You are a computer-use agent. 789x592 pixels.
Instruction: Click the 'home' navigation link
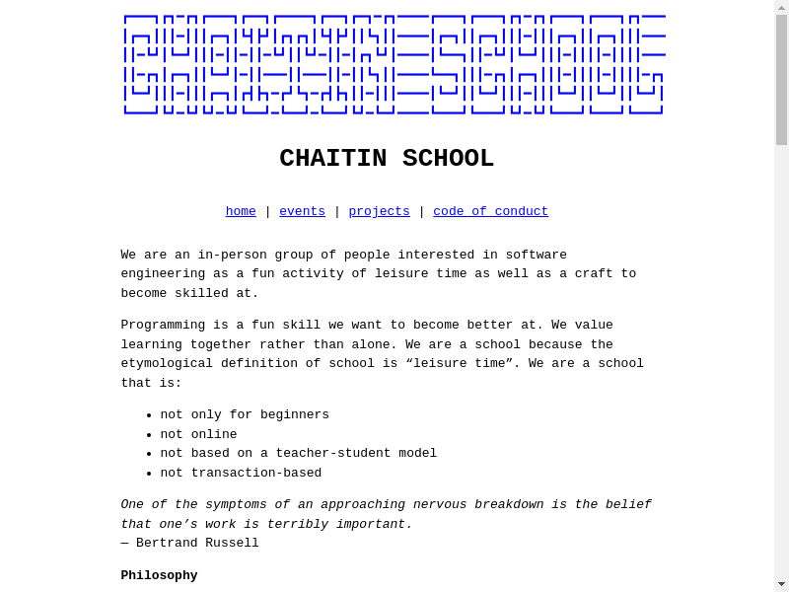pyautogui.click(x=241, y=211)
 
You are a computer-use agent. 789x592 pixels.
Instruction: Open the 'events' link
pyautogui.click(x=302, y=211)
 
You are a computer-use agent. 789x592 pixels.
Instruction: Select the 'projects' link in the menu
pyautogui.click(x=379, y=211)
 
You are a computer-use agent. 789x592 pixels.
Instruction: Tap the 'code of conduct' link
pyautogui.click(x=490, y=211)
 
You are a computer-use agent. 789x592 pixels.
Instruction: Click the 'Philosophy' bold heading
pyautogui.click(x=159, y=575)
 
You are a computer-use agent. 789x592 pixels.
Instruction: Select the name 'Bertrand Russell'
pyautogui.click(x=197, y=543)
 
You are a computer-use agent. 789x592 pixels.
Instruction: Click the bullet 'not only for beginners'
pyautogui.click(x=245, y=414)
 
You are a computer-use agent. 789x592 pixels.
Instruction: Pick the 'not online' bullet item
pyautogui.click(x=198, y=434)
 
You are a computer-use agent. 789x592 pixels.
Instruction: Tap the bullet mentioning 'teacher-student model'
pyautogui.click(x=298, y=453)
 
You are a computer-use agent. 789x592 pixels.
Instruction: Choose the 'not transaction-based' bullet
pyautogui.click(x=241, y=473)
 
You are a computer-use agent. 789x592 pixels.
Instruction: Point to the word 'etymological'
pyautogui.click(x=167, y=363)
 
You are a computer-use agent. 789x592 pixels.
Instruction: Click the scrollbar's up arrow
pyautogui.click(x=781, y=7)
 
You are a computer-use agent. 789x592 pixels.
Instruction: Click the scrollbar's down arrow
pyautogui.click(x=781, y=584)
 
